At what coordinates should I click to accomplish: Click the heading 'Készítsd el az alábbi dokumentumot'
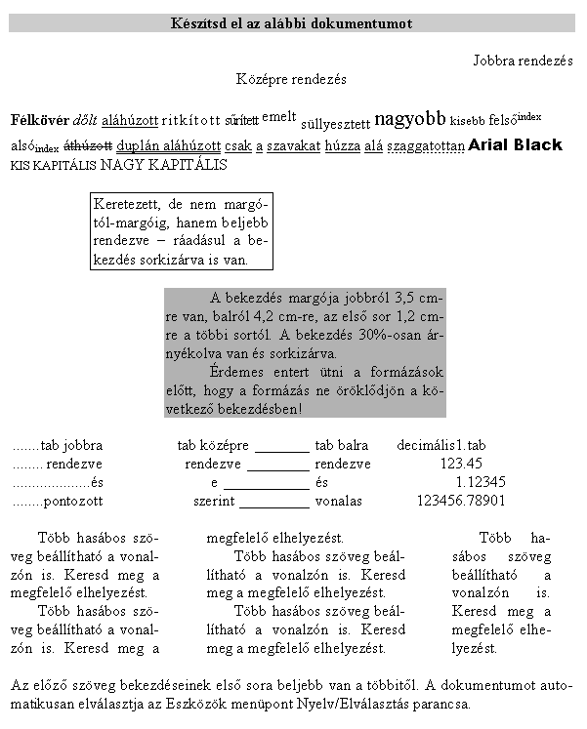pyautogui.click(x=291, y=23)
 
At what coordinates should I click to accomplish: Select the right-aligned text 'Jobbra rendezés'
pyautogui.click(x=523, y=61)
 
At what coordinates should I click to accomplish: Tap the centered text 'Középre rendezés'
pyautogui.click(x=291, y=79)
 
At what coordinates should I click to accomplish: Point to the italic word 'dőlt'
pyautogui.click(x=85, y=121)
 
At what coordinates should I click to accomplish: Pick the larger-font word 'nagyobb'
pyautogui.click(x=410, y=119)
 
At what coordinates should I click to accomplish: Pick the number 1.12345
pyautogui.click(x=481, y=482)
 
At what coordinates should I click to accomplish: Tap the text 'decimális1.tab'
pyautogui.click(x=441, y=445)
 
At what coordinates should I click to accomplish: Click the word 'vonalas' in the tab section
pyautogui.click(x=339, y=501)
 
